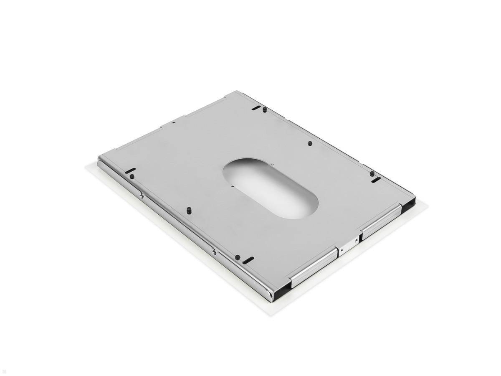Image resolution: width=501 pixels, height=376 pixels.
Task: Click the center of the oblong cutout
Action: [271, 188]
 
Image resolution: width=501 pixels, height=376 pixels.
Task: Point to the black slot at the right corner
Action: [376, 180]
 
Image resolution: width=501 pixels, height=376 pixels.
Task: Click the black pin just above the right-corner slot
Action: [372, 173]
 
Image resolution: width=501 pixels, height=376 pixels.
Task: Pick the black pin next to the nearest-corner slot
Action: [237, 257]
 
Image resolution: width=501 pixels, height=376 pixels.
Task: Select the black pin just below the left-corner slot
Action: [132, 177]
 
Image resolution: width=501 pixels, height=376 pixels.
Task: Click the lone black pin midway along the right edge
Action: [310, 143]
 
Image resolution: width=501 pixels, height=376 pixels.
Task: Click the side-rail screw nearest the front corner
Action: [213, 251]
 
